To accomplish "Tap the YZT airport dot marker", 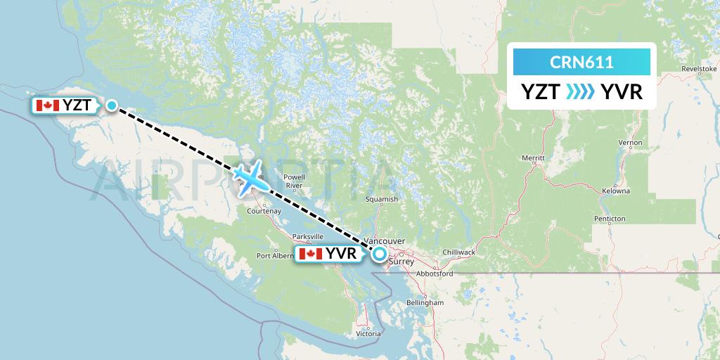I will (x=112, y=105).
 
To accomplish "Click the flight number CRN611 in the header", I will (x=581, y=63).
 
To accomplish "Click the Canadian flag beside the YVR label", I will (x=310, y=254).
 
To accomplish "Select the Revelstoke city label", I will (x=699, y=70).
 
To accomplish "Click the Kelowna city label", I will (x=616, y=191).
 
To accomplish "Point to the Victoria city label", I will (x=368, y=333).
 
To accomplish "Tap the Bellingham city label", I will (x=425, y=302).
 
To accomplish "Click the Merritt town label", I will (x=534, y=157).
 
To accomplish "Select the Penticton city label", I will (x=609, y=219).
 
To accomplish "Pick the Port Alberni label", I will (x=275, y=256).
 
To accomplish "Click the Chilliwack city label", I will (x=460, y=252).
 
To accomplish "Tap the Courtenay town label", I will (x=264, y=210).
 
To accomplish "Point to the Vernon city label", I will (x=630, y=143).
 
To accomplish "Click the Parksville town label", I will (x=308, y=236).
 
